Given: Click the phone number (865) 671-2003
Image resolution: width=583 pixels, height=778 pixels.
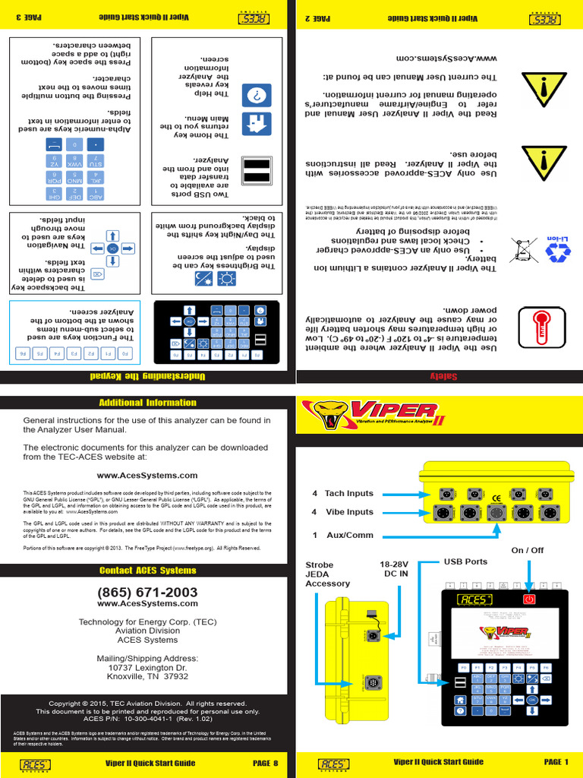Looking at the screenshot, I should [147, 592].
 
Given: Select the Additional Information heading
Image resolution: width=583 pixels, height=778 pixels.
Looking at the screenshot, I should [147, 403].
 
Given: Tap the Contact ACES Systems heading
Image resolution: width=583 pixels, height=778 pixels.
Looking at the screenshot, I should [147, 571].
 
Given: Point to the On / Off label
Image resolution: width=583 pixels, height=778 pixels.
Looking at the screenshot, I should [528, 550].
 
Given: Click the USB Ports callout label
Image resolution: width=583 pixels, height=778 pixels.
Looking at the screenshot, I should [465, 561].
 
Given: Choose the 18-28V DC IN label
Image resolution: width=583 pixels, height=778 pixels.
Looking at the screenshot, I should [395, 570].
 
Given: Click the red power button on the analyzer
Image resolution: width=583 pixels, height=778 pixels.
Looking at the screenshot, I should [528, 599].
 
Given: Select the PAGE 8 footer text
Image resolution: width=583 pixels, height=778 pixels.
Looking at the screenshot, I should [265, 762].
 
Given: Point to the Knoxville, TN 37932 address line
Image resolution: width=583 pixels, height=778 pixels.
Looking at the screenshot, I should [147, 676].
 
